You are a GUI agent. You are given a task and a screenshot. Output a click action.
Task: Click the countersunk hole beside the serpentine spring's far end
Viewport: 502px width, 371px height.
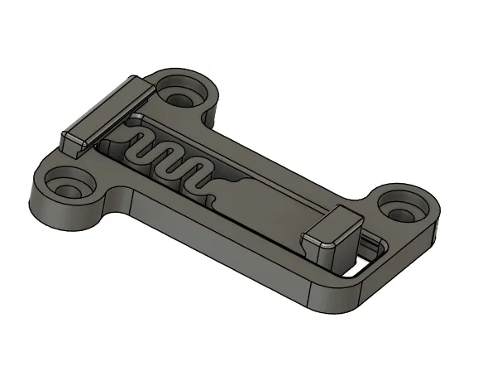click(180, 91)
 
